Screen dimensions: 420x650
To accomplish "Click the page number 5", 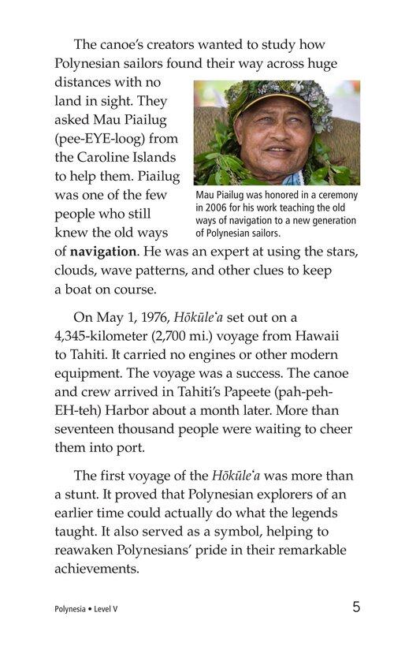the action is point(357,607).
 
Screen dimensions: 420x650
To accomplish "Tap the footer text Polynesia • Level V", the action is point(87,610).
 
